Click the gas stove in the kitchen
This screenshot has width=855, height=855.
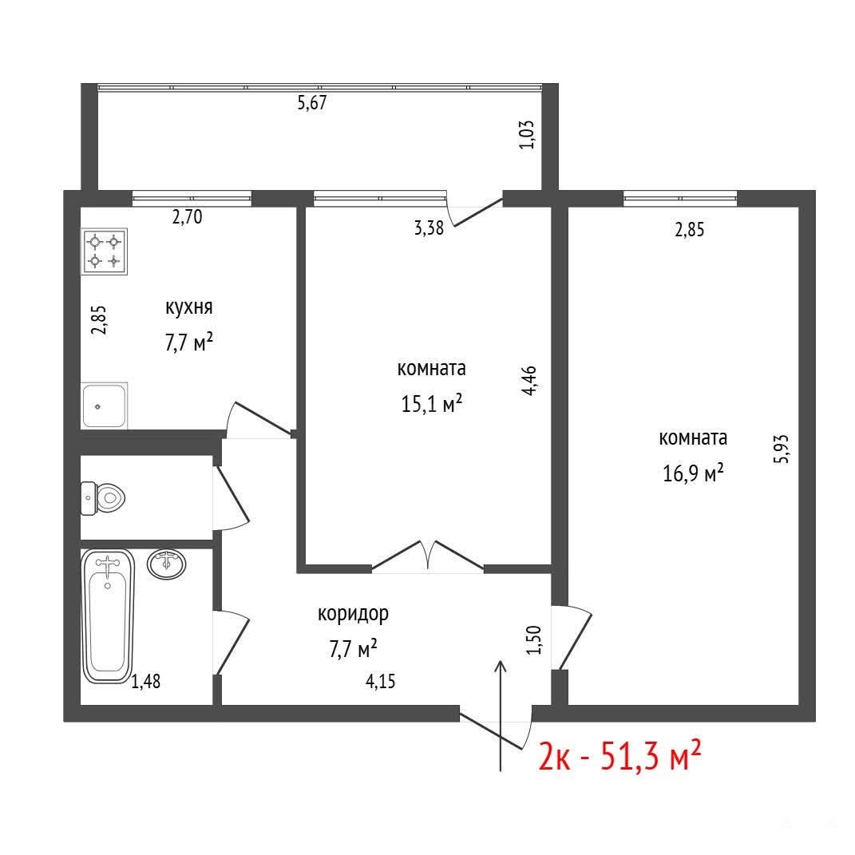click(x=104, y=251)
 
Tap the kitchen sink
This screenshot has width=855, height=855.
click(x=104, y=405)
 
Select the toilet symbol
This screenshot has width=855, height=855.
click(x=103, y=498)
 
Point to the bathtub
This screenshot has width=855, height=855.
click(x=108, y=616)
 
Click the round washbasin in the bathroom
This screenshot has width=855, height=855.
click(x=166, y=564)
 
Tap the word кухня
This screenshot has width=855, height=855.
click(x=188, y=307)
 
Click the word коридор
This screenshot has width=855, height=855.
click(x=354, y=614)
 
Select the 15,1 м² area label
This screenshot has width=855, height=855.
click(x=432, y=404)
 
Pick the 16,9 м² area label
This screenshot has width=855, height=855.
click(x=693, y=473)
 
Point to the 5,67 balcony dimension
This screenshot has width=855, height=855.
click(x=312, y=103)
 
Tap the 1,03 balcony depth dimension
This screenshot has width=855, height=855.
click(x=527, y=135)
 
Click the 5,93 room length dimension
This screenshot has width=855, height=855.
click(x=781, y=449)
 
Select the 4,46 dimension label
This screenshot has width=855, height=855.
click(x=529, y=380)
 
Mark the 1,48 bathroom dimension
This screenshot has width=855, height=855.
click(x=146, y=682)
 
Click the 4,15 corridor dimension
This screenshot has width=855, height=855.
click(x=381, y=682)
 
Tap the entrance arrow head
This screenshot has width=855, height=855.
click(x=501, y=667)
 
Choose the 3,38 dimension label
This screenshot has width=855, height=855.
click(x=429, y=228)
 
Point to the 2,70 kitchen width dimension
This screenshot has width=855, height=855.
click(x=187, y=217)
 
